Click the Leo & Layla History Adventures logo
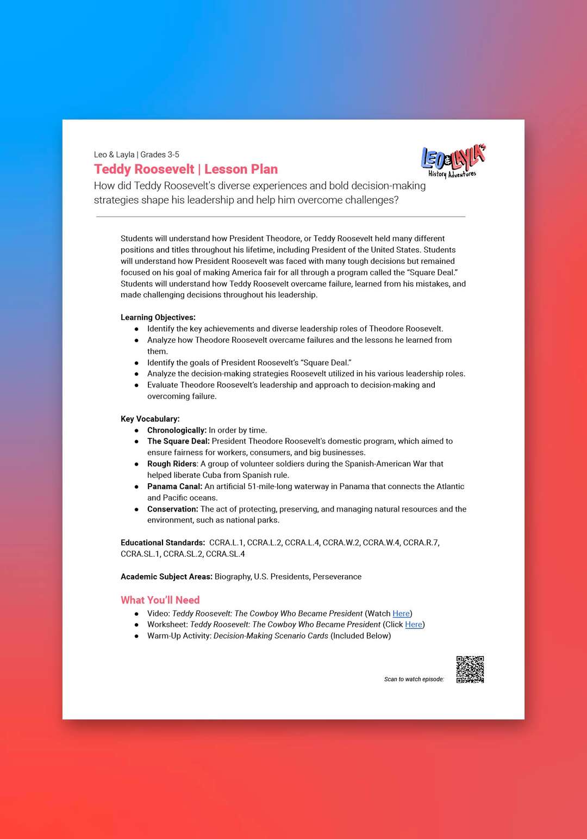tap(453, 161)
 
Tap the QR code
tap(470, 669)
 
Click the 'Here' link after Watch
tap(401, 613)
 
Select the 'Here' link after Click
tap(413, 625)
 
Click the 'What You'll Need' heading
tap(160, 600)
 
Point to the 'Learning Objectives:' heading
tap(158, 317)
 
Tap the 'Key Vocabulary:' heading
tap(150, 419)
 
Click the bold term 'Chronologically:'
tap(177, 430)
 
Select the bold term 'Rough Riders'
tap(172, 464)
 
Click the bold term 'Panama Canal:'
tap(174, 486)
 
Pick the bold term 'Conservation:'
tap(172, 509)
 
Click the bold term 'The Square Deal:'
tap(178, 441)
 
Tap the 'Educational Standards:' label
tap(163, 542)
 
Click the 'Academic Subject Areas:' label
tap(166, 577)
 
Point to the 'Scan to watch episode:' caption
tap(414, 679)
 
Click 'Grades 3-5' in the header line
tap(160, 155)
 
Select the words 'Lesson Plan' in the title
tap(241, 169)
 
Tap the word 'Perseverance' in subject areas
tap(337, 577)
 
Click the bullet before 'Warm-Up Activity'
tap(136, 636)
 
